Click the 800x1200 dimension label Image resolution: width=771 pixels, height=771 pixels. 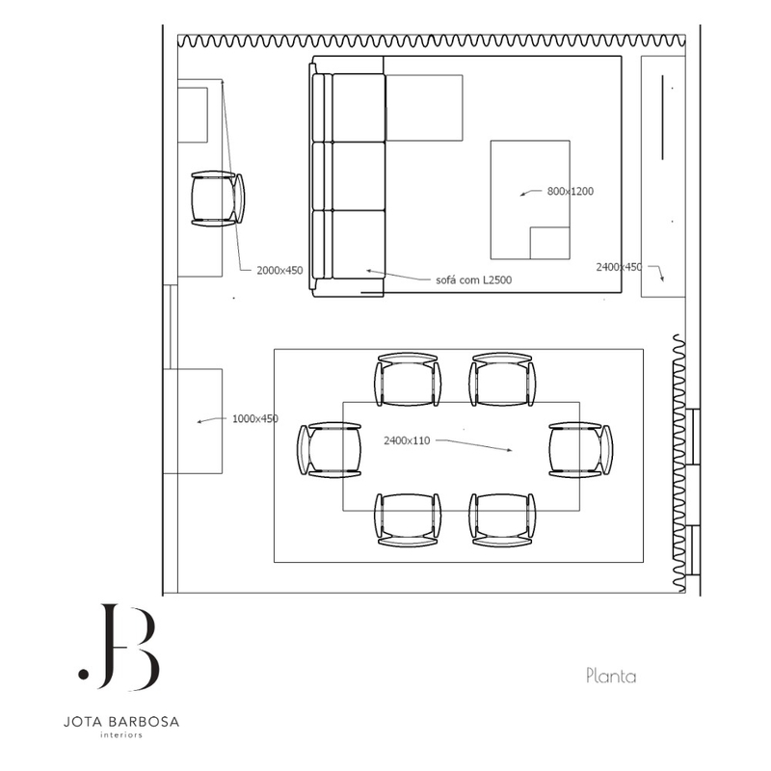tap(571, 191)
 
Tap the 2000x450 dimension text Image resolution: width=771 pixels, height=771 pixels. tap(279, 271)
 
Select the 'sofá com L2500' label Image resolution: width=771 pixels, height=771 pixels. tap(473, 280)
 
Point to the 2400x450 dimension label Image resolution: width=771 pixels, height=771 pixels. tap(619, 267)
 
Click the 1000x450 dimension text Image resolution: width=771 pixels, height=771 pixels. tap(255, 419)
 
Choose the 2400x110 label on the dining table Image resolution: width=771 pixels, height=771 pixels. tap(407, 441)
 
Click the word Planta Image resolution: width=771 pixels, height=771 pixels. tap(611, 677)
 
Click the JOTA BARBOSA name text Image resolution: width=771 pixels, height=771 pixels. tap(121, 722)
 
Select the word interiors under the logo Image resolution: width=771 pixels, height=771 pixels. tap(121, 735)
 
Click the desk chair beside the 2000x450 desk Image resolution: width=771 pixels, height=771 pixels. tap(218, 199)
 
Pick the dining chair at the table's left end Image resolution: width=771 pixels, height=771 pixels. tap(329, 450)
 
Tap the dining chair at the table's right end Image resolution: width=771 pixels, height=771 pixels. tap(581, 450)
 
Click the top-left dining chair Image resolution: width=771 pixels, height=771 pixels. tap(408, 380)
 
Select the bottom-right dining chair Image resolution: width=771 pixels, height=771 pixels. tap(502, 520)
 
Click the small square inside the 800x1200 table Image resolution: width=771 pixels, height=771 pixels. tap(549, 243)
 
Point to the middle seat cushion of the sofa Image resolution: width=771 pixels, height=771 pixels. tap(359, 176)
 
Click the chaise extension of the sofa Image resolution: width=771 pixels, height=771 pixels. tap(424, 108)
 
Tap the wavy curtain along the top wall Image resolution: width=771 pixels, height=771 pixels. tap(431, 41)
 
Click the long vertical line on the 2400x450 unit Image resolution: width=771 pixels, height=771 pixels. tap(662, 117)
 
